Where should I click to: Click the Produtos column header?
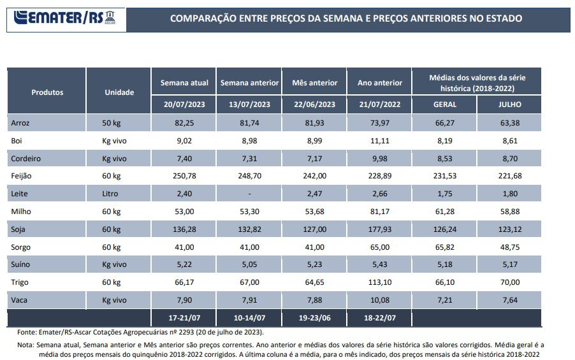(47, 92)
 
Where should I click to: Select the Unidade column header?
(119, 92)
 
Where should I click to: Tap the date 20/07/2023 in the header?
(184, 104)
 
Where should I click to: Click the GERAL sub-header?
(444, 104)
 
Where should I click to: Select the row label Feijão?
(21, 175)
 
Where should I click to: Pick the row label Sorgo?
(21, 247)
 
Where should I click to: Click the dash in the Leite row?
(249, 193)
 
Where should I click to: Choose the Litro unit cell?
(110, 193)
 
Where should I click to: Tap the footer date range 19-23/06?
(314, 317)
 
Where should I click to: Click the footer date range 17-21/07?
(184, 317)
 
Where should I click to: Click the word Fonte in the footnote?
(26, 332)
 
